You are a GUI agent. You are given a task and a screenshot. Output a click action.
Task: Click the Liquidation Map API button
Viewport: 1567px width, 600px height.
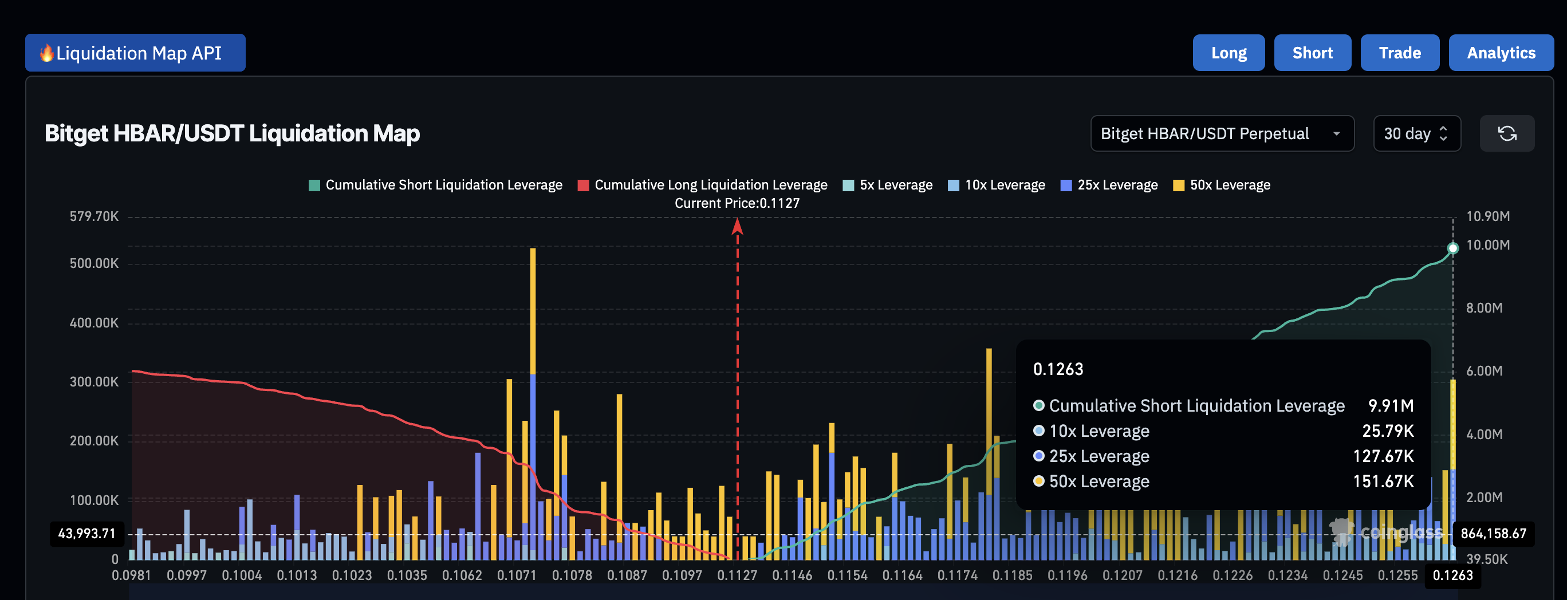pos(135,53)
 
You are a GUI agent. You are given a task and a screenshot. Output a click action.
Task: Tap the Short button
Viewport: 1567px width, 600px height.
pos(1312,53)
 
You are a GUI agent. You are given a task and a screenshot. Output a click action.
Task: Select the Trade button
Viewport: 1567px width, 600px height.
pos(1399,53)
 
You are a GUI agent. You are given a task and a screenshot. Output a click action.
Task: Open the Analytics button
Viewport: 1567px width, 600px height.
pos(1501,53)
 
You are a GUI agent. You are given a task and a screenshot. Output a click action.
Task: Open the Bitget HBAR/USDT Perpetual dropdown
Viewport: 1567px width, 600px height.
pos(1222,134)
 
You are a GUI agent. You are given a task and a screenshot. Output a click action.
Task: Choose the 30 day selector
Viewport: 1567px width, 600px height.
pos(1416,134)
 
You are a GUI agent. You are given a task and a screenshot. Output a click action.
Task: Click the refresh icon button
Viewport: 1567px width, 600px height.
pos(1506,134)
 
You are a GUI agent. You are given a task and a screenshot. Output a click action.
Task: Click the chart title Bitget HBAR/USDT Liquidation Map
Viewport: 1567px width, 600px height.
pos(232,134)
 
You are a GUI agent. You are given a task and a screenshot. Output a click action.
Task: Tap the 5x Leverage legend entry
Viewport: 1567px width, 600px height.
pos(888,185)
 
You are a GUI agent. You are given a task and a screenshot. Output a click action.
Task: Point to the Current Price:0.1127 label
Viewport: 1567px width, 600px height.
pos(737,203)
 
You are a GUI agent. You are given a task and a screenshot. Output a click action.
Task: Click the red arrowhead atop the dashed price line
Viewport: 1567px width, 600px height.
pos(737,226)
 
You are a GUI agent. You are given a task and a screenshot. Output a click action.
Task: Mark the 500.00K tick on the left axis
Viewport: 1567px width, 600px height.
pos(95,263)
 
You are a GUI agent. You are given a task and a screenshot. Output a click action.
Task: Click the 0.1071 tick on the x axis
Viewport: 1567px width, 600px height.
pos(517,575)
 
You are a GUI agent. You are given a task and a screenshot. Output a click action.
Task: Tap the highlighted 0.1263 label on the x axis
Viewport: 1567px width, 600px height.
pos(1452,575)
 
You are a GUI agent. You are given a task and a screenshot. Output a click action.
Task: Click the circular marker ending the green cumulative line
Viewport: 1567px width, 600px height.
pos(1452,248)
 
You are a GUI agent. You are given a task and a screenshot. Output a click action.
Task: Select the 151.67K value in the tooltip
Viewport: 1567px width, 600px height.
pos(1383,481)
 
